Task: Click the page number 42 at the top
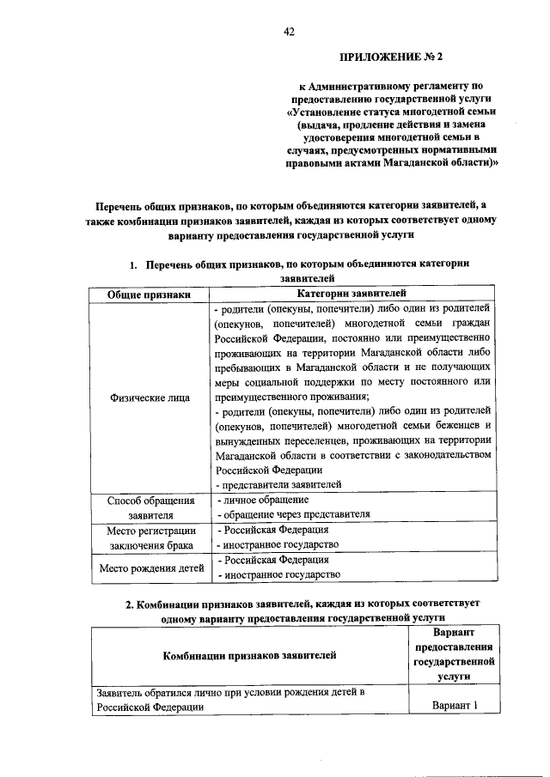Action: pyautogui.click(x=290, y=32)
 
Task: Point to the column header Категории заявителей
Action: pyautogui.click(x=351, y=294)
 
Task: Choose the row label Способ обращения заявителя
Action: pyautogui.click(x=150, y=507)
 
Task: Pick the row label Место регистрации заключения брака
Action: pyautogui.click(x=150, y=537)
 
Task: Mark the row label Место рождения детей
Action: pyautogui.click(x=151, y=568)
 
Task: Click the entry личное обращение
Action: pyautogui.click(x=262, y=499)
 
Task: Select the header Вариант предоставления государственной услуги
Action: pyautogui.click(x=453, y=654)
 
